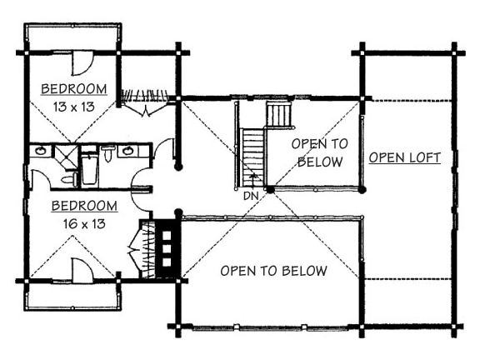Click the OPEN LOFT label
pos(405,157)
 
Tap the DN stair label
pos(251,196)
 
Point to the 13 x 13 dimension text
pos(74,107)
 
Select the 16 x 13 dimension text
pos(84,224)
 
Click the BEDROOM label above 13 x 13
pos(74,89)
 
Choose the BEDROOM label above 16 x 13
pos(84,206)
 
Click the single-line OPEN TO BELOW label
pos(273,271)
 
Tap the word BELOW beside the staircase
pos(320,162)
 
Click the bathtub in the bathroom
pos(90,168)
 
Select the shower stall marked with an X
pos(66,157)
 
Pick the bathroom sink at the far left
pos(40,151)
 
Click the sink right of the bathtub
pos(128,151)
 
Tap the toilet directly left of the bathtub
pos(70,179)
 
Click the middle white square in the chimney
pos(167,249)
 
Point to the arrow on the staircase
pos(253,180)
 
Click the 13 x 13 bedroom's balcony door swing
pos(82,63)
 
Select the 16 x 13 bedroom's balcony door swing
pos(82,270)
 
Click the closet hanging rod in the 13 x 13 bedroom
pos(145,95)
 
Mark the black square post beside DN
pos(270,189)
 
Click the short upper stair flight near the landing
pos(278,114)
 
